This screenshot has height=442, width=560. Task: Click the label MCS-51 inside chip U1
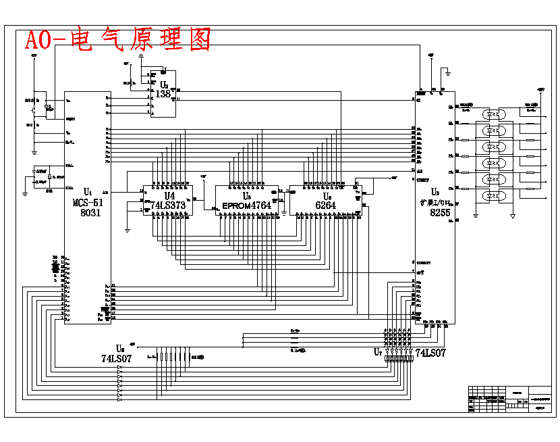coord(88,202)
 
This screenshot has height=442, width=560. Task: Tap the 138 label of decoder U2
coord(163,94)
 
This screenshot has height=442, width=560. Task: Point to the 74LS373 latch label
coord(167,205)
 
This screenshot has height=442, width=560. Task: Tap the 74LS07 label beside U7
coord(430,353)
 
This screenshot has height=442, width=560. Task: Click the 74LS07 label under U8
coord(116,359)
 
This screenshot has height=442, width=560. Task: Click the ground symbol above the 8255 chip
coord(447,70)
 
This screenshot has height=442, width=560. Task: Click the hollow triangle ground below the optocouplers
coord(513,216)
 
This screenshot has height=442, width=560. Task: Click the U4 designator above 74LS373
coord(169,195)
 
